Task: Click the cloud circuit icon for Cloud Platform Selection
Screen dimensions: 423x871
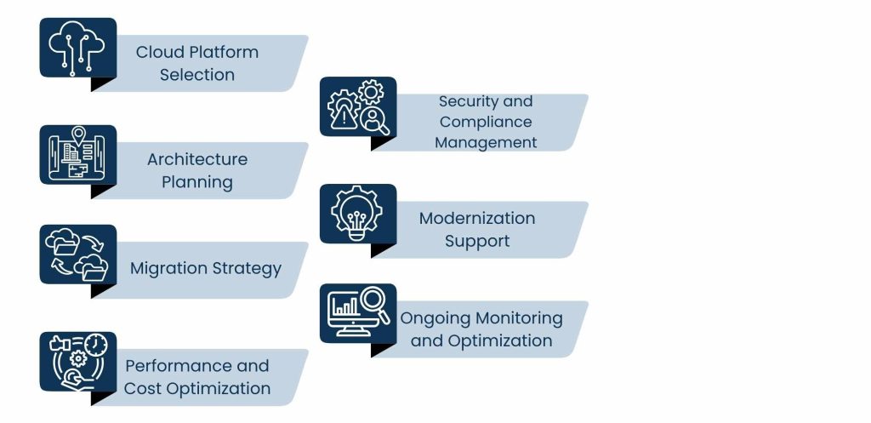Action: coord(77,48)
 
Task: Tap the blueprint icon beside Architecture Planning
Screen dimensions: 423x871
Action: coord(77,155)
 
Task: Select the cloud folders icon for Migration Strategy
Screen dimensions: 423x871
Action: coord(77,254)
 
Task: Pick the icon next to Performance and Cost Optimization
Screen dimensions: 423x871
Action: coord(77,362)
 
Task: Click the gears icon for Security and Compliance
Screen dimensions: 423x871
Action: coord(358,106)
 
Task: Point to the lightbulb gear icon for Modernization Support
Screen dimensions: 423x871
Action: coord(358,214)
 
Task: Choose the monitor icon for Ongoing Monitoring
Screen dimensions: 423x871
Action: coord(358,313)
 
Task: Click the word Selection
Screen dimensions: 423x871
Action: coord(197,75)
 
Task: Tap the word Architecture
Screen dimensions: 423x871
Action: coord(197,159)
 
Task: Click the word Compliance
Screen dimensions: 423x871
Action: coord(486,123)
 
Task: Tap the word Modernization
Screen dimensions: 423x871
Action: coord(477,219)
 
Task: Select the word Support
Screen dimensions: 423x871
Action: coord(477,242)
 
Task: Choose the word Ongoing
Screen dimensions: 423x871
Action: coord(436,319)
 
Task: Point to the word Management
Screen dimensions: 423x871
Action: coord(486,143)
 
